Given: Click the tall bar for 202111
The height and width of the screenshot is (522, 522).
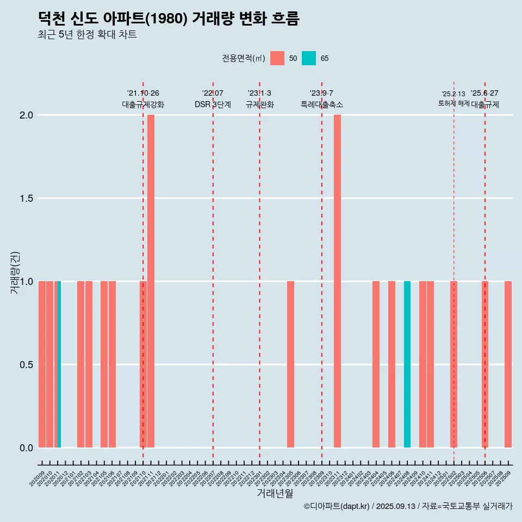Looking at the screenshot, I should click(x=151, y=281).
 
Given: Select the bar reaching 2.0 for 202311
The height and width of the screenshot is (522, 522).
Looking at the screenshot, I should click(x=337, y=281).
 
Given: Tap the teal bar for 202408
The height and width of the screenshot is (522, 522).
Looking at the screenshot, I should click(x=407, y=364).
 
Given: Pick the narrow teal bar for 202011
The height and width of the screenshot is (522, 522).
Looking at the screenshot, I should click(x=59, y=364).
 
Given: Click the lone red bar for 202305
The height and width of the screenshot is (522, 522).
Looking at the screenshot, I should click(x=290, y=364).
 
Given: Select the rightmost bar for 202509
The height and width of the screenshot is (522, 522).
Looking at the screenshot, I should click(x=508, y=364).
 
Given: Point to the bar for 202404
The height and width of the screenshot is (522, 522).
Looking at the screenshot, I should click(x=376, y=364).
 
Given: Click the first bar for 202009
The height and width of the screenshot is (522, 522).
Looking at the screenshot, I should click(x=42, y=364).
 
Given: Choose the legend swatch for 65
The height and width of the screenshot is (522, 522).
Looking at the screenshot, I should click(x=308, y=58).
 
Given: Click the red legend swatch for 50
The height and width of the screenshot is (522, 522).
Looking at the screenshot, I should click(x=277, y=58).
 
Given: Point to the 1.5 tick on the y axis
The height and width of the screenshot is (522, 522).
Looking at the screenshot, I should click(x=26, y=198).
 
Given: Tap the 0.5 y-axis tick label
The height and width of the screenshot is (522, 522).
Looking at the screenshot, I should click(x=26, y=365).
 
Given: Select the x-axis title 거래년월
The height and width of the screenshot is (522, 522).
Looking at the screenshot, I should click(x=275, y=494).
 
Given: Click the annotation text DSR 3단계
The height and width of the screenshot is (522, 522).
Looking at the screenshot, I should click(x=213, y=104).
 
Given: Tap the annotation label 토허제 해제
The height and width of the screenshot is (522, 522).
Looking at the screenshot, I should click(x=453, y=103).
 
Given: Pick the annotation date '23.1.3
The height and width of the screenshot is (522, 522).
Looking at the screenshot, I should click(x=259, y=94).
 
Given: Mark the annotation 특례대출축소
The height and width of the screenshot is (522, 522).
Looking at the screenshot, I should click(x=321, y=104).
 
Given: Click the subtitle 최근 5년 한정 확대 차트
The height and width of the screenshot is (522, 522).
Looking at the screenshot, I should click(x=87, y=35).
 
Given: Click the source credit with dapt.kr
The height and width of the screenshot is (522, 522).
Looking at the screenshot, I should click(x=408, y=506).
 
